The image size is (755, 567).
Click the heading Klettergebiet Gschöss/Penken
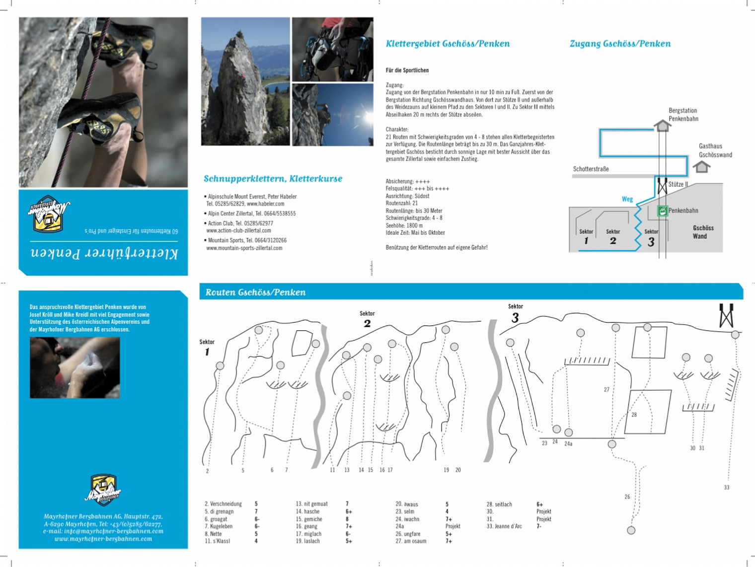(x=448, y=44)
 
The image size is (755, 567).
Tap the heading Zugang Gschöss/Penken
(x=620, y=44)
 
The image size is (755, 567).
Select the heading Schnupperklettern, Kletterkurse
(x=273, y=179)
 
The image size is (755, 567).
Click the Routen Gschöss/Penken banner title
(x=255, y=292)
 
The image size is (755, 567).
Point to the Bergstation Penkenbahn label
(x=683, y=115)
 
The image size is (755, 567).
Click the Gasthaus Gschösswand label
(x=715, y=150)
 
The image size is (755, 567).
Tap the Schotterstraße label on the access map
(x=591, y=169)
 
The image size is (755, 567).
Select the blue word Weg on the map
(x=627, y=199)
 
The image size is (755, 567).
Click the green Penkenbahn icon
(x=662, y=211)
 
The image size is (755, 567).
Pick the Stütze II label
(x=678, y=184)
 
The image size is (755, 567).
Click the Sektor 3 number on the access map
(x=651, y=242)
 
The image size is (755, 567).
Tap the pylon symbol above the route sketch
(x=726, y=316)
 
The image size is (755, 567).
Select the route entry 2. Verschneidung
(x=223, y=504)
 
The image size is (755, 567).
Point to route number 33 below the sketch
(x=726, y=488)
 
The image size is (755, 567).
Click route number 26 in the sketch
(x=627, y=496)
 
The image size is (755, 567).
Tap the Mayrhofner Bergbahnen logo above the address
(x=103, y=490)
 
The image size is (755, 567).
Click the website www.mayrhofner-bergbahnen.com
(x=103, y=539)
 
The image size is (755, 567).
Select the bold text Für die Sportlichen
(x=407, y=71)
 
